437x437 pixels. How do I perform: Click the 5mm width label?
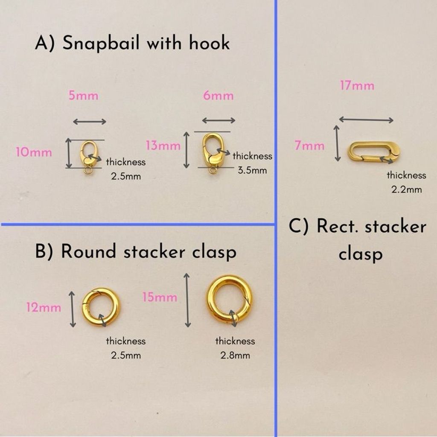(x=84, y=96)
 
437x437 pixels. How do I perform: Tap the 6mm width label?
(x=218, y=96)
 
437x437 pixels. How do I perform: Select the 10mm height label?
(x=34, y=152)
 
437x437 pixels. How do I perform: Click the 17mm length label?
(x=357, y=86)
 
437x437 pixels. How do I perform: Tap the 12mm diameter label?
(x=44, y=307)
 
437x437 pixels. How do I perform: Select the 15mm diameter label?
(x=160, y=297)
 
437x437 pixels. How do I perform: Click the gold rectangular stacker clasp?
(x=375, y=151)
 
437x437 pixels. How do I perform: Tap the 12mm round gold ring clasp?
(x=100, y=306)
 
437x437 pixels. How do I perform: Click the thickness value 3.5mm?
(x=252, y=170)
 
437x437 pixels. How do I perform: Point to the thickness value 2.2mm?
(x=406, y=189)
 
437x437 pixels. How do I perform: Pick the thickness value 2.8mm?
(x=235, y=355)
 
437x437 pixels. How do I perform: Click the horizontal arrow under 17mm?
(x=366, y=120)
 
